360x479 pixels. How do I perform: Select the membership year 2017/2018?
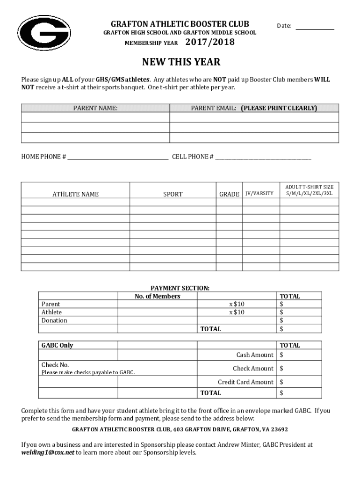click(x=210, y=43)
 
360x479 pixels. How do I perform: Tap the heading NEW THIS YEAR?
click(x=181, y=62)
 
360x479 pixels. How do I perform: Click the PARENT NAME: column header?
click(x=95, y=108)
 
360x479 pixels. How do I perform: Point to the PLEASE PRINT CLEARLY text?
click(x=279, y=108)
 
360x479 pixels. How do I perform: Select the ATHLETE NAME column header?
click(x=75, y=194)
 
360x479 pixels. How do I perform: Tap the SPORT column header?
click(x=173, y=194)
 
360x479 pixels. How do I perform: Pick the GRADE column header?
click(x=229, y=194)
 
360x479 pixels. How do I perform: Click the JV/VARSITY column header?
click(x=259, y=194)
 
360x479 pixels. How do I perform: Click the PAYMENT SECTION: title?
click(x=180, y=288)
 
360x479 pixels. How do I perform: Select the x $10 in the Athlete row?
click(x=237, y=312)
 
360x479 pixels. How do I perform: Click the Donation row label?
click(x=54, y=320)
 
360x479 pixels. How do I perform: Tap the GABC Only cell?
click(x=57, y=345)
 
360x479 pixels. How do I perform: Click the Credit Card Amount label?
click(x=245, y=382)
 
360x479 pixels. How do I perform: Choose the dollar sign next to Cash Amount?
click(x=281, y=355)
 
